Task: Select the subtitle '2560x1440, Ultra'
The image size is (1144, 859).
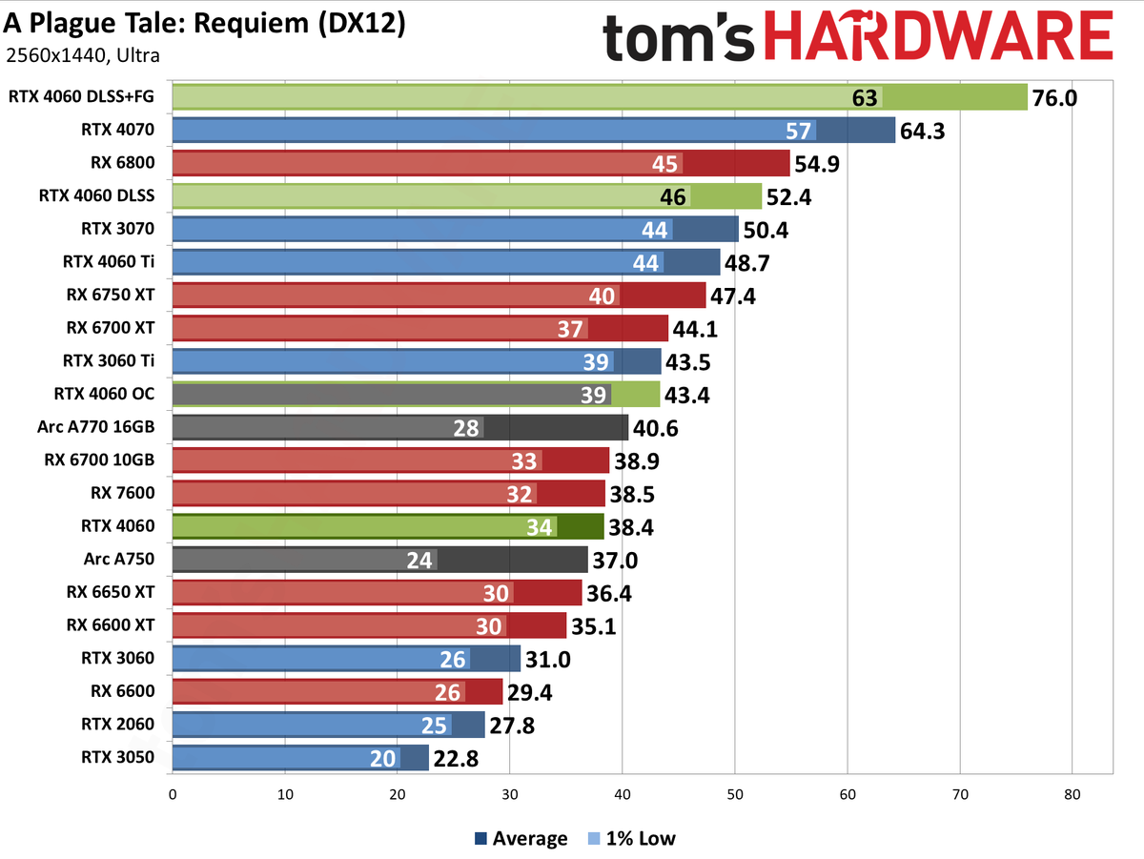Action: [83, 55]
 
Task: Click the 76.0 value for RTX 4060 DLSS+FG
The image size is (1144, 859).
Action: [1053, 97]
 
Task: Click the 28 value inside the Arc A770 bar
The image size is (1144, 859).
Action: [466, 428]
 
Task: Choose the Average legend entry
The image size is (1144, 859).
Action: [521, 839]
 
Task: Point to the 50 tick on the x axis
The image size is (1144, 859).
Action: [735, 794]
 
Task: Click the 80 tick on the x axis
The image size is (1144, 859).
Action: [1072, 794]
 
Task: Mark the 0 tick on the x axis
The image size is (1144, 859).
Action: [173, 794]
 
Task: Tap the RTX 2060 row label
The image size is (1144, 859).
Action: [118, 725]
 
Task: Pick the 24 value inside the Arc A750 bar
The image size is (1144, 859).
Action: [420, 560]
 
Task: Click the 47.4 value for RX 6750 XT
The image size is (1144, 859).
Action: [732, 296]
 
